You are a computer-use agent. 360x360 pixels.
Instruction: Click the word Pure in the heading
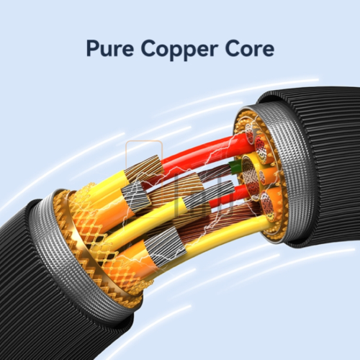click(110, 48)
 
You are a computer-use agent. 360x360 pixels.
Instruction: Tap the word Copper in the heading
click(179, 50)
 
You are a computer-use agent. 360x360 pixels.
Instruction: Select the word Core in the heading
click(250, 48)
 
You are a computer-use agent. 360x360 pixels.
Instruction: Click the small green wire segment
click(233, 166)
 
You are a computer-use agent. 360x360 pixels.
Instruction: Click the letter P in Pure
click(92, 49)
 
